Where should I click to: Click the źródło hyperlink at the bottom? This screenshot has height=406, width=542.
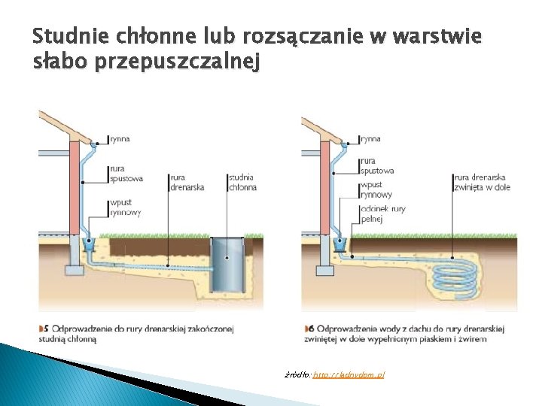click(348, 374)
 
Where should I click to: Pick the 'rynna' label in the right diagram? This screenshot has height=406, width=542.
click(370, 139)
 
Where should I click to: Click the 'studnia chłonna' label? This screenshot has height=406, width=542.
click(242, 183)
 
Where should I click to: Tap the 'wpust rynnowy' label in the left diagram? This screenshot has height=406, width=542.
click(125, 208)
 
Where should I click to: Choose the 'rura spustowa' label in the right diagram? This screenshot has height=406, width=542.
click(376, 165)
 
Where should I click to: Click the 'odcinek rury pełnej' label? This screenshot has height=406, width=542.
click(383, 214)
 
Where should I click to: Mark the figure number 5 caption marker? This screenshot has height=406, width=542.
click(44, 329)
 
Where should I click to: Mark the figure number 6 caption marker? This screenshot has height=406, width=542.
click(309, 329)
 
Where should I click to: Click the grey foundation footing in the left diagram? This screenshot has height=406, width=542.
click(74, 269)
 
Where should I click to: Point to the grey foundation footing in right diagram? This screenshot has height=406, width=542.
click(325, 269)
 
